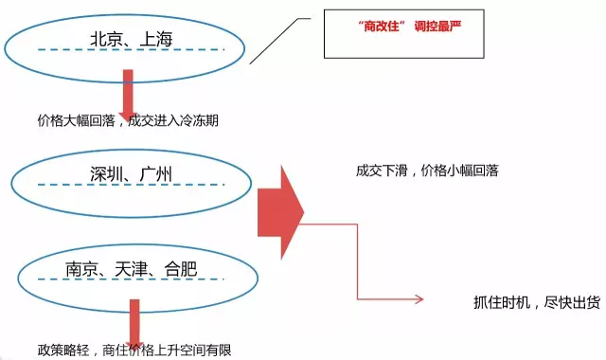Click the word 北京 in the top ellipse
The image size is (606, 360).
(x=106, y=39)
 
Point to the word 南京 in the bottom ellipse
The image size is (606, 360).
(x=83, y=268)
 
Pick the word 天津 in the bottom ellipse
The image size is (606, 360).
(x=132, y=268)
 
